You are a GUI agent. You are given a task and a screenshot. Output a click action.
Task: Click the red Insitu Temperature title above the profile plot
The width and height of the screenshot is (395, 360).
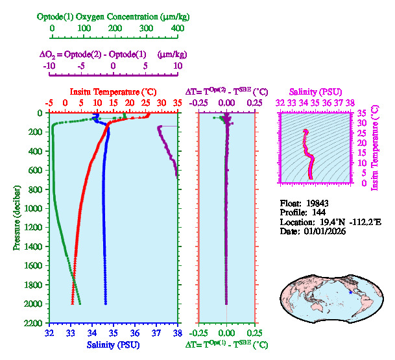113,92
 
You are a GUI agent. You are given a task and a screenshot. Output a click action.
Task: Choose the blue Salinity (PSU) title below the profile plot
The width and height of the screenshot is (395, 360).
113,345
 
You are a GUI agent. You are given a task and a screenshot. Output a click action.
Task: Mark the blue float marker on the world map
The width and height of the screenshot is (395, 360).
350,293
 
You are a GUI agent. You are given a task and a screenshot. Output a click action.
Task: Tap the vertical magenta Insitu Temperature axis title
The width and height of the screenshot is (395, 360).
374,149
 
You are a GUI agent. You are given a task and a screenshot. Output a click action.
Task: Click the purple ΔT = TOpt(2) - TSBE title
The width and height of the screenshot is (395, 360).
226,92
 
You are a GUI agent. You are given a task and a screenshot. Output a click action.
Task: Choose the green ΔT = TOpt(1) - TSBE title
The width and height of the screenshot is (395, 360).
226,345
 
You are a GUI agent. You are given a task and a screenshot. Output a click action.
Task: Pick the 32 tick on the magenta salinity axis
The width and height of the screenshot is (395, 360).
280,102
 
